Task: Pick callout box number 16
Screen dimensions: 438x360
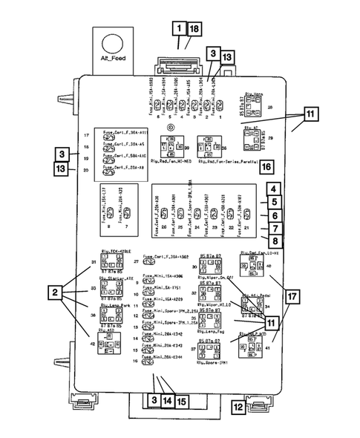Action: [x=265, y=166]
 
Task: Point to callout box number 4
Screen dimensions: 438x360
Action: [x=273, y=189]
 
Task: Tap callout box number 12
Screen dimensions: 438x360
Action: [x=237, y=407]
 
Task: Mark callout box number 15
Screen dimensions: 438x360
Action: [x=180, y=401]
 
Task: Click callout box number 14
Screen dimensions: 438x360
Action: [x=166, y=401]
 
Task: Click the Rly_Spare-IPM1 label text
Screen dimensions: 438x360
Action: [x=212, y=364]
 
